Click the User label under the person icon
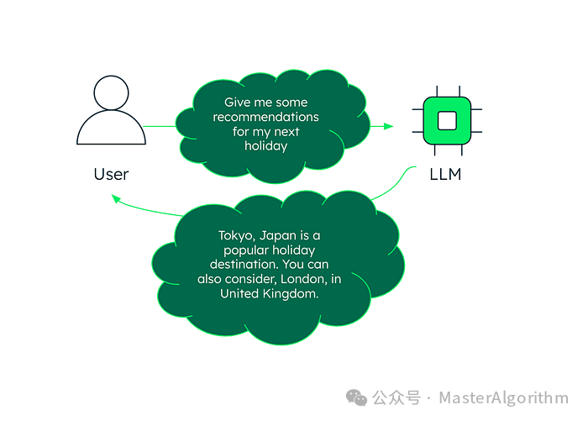(111, 174)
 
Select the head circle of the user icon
(111, 92)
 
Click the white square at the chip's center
(447, 120)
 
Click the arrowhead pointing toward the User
(114, 197)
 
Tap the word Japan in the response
(283, 236)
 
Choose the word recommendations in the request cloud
(265, 117)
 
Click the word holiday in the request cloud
(265, 145)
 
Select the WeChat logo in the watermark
(359, 397)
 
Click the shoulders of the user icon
(111, 130)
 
